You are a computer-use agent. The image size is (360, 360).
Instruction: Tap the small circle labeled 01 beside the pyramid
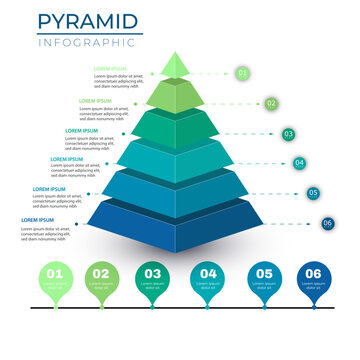coord(242,73)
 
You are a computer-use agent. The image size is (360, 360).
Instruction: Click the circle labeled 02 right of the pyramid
coord(271,103)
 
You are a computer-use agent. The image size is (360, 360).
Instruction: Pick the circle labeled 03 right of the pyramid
coord(288,134)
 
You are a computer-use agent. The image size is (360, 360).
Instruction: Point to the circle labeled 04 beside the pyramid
coord(299,163)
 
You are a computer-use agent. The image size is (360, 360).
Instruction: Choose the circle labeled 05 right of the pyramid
coord(313,193)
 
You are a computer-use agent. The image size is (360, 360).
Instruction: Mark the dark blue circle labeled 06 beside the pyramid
coord(327,223)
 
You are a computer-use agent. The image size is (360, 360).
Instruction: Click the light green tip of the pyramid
coord(175,66)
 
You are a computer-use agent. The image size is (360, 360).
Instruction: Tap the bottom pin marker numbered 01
coord(53,275)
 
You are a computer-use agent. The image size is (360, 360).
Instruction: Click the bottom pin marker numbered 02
coord(101,275)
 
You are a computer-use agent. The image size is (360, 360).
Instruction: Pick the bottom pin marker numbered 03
coord(153,275)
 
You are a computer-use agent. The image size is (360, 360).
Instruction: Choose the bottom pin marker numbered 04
coord(207,275)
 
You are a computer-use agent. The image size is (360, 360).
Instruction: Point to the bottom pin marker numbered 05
coord(263,275)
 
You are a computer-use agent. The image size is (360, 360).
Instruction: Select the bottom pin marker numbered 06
coord(313,275)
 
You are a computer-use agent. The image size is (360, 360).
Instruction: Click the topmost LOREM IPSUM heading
coord(110,69)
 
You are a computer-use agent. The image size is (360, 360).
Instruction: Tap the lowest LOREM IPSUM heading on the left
coord(40,219)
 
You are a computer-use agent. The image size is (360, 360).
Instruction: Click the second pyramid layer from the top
coord(175,97)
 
